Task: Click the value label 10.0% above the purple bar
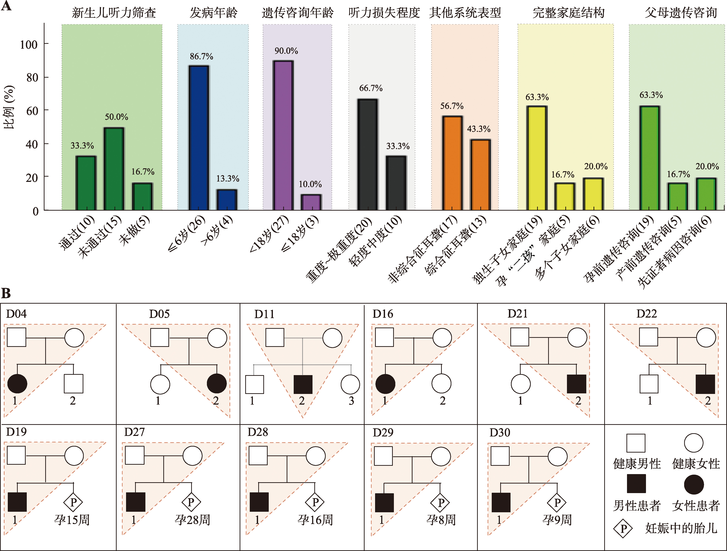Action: [x=310, y=184]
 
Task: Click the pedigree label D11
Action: [x=264, y=314]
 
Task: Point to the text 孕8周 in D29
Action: [x=441, y=520]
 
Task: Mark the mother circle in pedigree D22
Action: [x=706, y=338]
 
